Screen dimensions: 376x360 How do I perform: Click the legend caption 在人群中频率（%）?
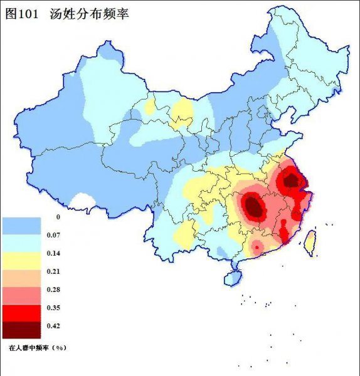click(37, 346)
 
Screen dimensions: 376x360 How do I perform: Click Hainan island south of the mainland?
click(233, 276)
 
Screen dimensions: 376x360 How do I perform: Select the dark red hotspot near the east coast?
click(290, 180)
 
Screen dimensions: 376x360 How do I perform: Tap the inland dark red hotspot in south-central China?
click(253, 204)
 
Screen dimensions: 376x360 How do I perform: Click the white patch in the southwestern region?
click(82, 201)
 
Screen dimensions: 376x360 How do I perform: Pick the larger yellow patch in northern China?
click(183, 112)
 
